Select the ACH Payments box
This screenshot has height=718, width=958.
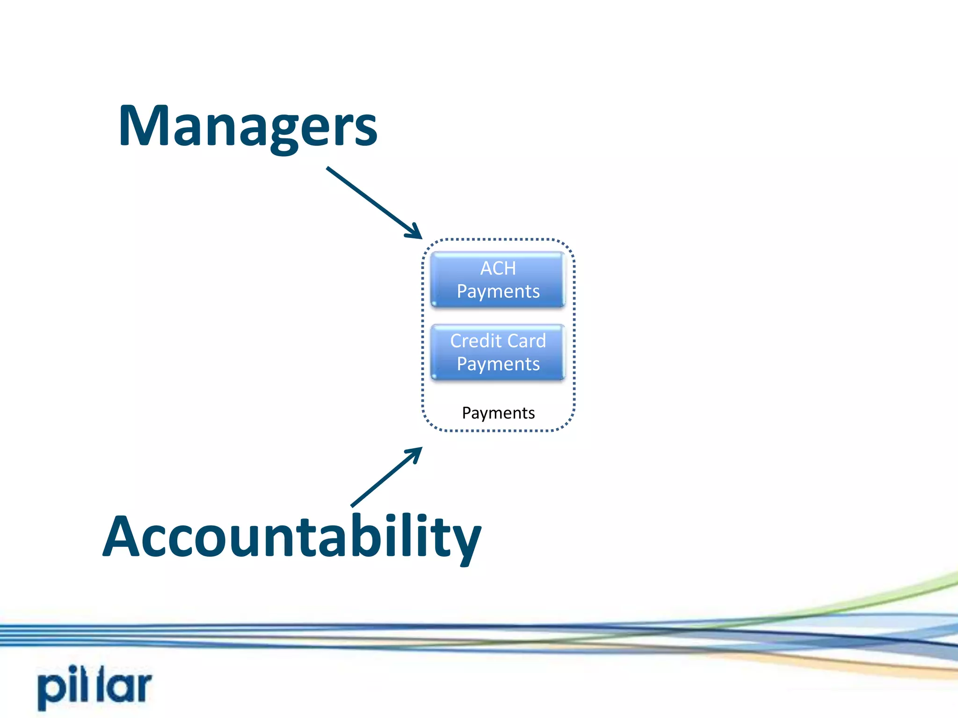coord(498,280)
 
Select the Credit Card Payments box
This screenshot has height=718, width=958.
coord(498,352)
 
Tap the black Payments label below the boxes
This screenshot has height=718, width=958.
coord(498,413)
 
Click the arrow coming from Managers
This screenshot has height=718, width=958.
coord(370,199)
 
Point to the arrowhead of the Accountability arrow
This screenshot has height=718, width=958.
coord(417,452)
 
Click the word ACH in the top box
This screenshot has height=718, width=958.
coord(498,268)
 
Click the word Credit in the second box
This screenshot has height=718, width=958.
coord(475,341)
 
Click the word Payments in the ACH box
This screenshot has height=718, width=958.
coord(498,292)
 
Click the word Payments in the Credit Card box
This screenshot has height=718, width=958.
coord(498,364)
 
